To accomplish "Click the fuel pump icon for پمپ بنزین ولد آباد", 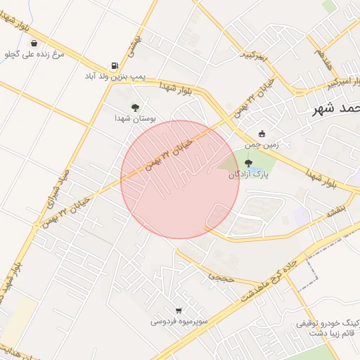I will pos(114,64).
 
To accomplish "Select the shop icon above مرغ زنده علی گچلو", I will pos(34,43).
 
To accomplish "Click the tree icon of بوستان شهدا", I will pos(135,108).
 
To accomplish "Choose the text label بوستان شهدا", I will pos(135,119).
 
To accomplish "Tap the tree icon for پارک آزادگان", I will pos(247,164).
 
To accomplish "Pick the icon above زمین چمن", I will pos(262,134).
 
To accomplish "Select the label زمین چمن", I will pos(262,145).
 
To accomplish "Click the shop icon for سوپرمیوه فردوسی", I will pos(179,310).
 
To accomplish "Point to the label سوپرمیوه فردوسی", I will pos(179,321).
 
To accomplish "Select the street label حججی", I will pos(220,277).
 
